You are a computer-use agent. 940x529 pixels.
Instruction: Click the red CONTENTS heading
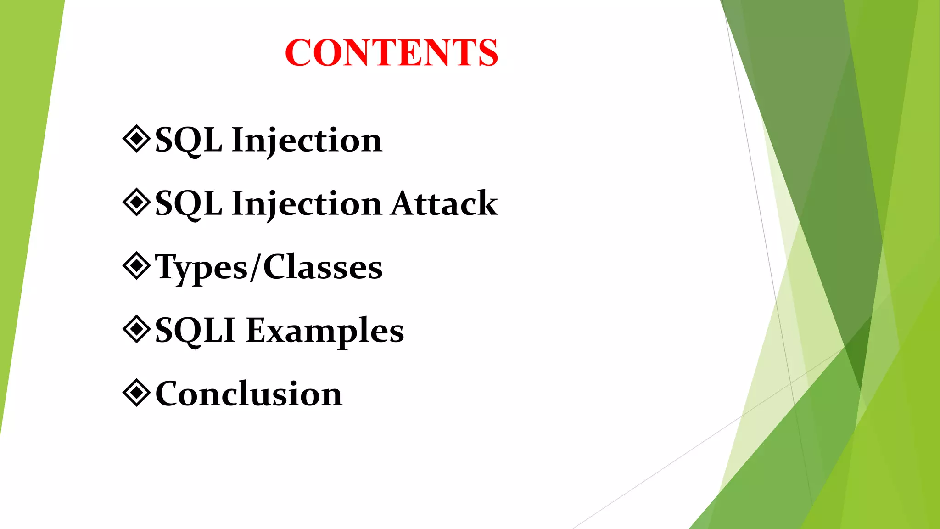pos(391,53)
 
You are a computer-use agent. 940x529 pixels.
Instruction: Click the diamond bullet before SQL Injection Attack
pos(136,202)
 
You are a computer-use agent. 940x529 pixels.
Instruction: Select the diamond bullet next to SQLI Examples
pos(136,329)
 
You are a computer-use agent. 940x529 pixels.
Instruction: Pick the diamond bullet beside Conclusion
pos(136,393)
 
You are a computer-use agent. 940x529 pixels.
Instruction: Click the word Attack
pos(444,203)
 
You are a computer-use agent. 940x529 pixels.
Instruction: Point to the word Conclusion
pos(249,394)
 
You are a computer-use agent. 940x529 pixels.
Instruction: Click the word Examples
pos(325,331)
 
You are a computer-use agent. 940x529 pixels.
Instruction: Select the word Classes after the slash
pos(323,267)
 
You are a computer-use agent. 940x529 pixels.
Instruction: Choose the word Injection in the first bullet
pos(307,140)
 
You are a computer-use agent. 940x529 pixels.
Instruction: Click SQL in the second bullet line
pos(188,204)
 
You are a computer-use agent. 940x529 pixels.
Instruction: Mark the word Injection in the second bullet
pos(307,204)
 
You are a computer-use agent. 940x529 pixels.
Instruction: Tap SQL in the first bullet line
pos(188,140)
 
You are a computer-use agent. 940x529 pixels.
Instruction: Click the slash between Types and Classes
pos(256,267)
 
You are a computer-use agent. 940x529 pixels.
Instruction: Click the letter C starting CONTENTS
pos(299,53)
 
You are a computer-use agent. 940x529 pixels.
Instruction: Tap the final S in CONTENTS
pos(487,53)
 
